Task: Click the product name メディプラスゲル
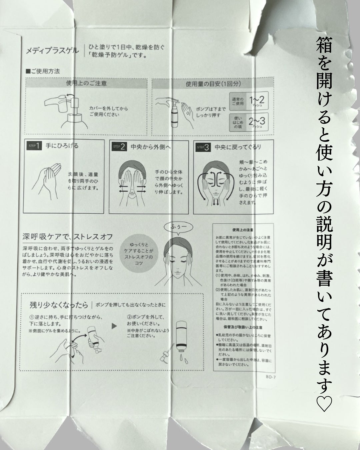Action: [52, 51]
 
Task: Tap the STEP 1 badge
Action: [34, 146]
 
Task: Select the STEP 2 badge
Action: [119, 147]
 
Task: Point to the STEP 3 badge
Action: [203, 147]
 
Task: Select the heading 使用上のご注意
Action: [86, 83]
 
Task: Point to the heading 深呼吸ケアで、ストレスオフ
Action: [68, 237]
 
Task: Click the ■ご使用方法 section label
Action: [42, 71]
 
